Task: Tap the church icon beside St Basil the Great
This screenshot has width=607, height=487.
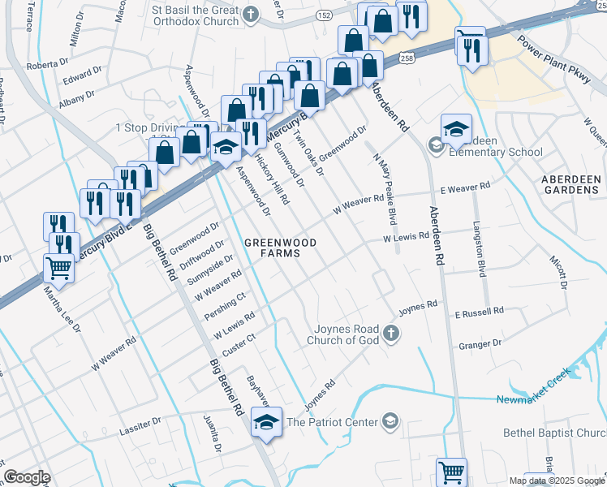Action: point(252,14)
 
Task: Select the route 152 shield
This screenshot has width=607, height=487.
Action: point(324,15)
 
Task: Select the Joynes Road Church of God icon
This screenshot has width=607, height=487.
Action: point(391,333)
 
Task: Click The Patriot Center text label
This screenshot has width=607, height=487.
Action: point(333,422)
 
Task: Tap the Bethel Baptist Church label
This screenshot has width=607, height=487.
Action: point(555,433)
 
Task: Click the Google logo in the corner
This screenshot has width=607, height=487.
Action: point(27,476)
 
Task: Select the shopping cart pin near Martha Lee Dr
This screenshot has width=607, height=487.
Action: point(58,266)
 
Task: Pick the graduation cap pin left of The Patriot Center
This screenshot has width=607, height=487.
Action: point(265,422)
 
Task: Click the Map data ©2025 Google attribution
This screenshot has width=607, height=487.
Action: point(556,481)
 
